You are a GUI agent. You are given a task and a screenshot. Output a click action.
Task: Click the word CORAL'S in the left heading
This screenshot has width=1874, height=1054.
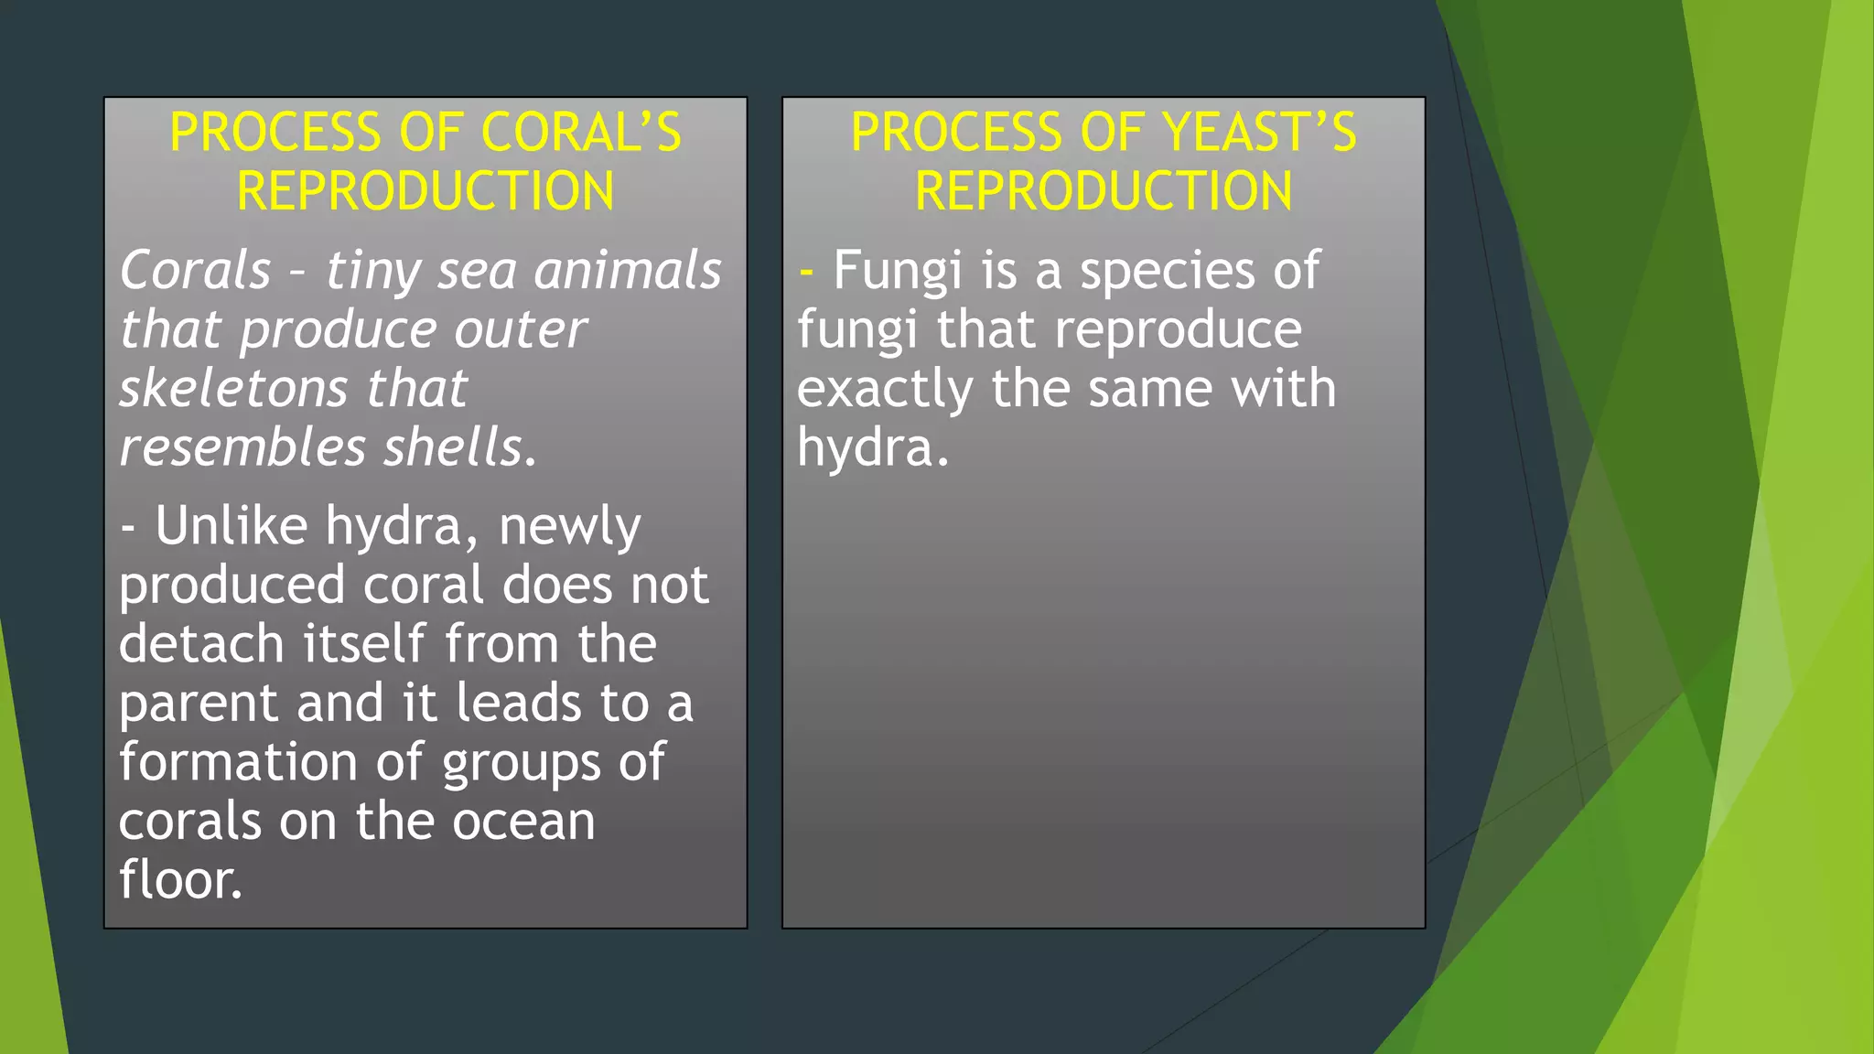(581, 132)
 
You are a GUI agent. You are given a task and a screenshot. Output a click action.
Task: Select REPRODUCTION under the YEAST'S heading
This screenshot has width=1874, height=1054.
(1104, 191)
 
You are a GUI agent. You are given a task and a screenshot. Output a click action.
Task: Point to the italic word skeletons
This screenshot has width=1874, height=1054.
(233, 388)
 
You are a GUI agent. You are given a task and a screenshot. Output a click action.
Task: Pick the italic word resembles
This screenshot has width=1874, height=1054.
(242, 447)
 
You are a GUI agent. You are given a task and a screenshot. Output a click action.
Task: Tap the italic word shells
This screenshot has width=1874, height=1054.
(458, 447)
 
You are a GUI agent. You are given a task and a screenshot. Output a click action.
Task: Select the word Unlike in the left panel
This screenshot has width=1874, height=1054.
(231, 526)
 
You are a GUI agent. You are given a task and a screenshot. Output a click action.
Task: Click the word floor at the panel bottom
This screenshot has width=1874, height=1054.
(179, 879)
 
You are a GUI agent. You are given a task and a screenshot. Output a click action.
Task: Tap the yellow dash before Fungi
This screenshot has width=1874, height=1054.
(806, 272)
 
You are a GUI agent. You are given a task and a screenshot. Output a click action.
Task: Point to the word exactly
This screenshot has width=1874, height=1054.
(884, 390)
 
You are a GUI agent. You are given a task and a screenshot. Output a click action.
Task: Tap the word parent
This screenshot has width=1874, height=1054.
(199, 704)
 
